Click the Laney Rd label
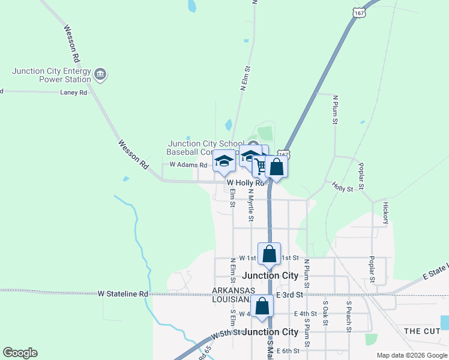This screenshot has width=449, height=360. click(74, 92)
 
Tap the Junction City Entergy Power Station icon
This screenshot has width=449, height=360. click(101, 74)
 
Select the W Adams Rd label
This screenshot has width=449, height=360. click(188, 164)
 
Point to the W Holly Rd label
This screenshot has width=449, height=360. click(246, 183)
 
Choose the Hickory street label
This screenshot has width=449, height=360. click(385, 213)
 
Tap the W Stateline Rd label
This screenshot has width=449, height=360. click(122, 294)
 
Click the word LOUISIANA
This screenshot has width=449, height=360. click(231, 299)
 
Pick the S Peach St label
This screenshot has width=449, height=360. click(348, 316)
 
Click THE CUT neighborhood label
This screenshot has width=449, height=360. click(421, 331)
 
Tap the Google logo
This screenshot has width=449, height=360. click(20, 353)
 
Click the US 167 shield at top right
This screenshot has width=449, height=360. click(359, 12)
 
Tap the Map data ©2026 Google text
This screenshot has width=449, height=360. click(411, 355)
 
